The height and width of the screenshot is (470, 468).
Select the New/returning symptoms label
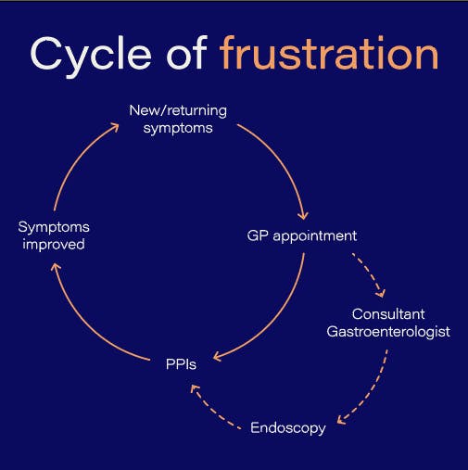(177, 120)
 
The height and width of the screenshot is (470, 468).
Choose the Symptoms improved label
(54, 235)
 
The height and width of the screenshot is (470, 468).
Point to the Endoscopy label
(288, 428)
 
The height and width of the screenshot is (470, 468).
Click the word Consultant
(388, 313)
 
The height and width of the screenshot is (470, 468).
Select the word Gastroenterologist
(388, 331)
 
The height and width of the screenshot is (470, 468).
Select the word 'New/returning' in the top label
(177, 111)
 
